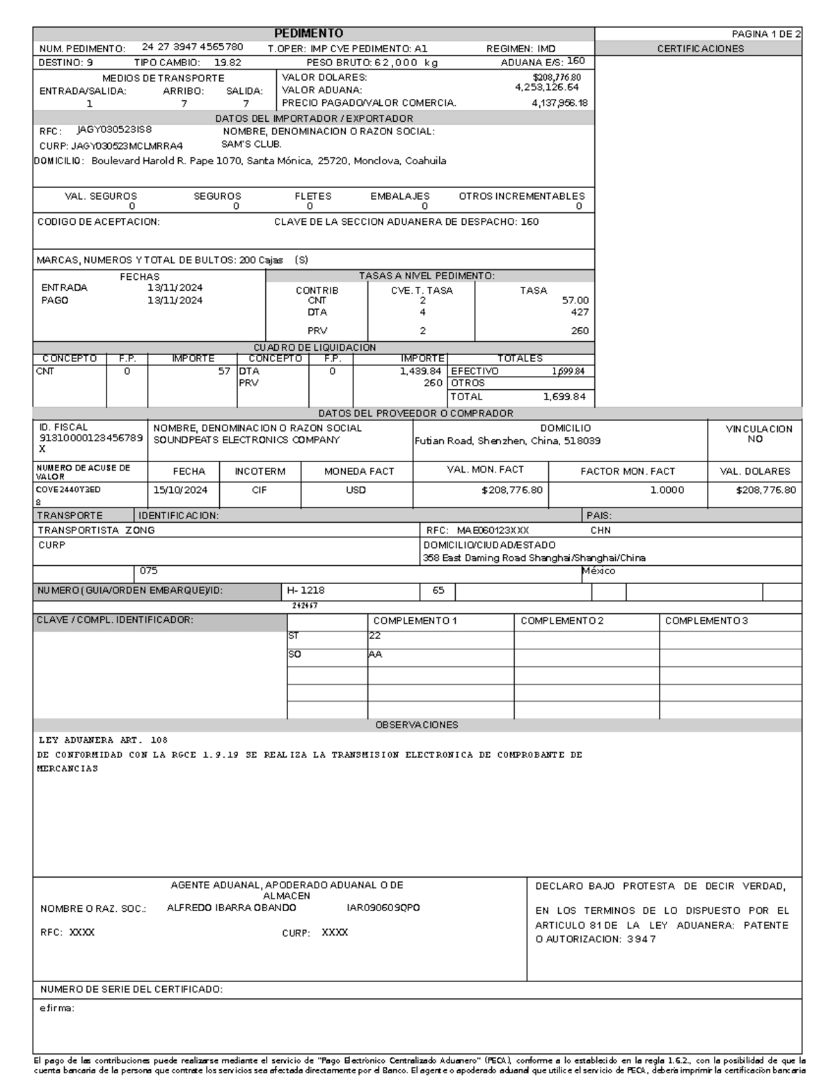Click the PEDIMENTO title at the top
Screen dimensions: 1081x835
[x=308, y=33]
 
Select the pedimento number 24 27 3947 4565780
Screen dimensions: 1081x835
[x=192, y=47]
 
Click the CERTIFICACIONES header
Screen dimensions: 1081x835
[x=700, y=49]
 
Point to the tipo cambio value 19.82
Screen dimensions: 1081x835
[x=228, y=62]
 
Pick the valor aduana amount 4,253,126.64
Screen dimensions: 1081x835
[x=547, y=88]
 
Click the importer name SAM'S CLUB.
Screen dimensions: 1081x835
[x=251, y=144]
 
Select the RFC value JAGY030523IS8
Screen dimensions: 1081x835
[x=114, y=129]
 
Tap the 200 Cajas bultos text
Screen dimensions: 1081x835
[x=261, y=260]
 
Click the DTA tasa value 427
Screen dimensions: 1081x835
[x=579, y=313]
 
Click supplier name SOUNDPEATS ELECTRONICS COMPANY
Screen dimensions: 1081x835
[x=246, y=441]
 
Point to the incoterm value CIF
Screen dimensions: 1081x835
[x=259, y=490]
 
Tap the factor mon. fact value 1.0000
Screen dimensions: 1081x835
[x=667, y=490]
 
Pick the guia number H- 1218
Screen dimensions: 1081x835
[x=305, y=590]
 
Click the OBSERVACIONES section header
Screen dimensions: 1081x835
[x=416, y=725]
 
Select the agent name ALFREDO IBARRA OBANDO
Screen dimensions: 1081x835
[x=231, y=908]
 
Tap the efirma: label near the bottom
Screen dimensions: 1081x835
[x=57, y=1008]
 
